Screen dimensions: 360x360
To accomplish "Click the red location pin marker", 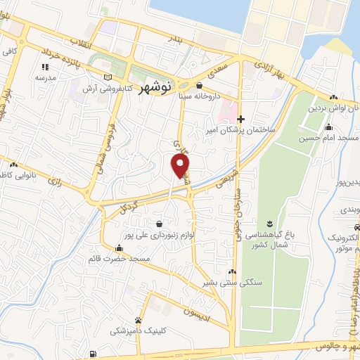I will (x=181, y=166).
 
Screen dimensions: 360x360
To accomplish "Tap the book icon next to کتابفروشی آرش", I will (x=108, y=77).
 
